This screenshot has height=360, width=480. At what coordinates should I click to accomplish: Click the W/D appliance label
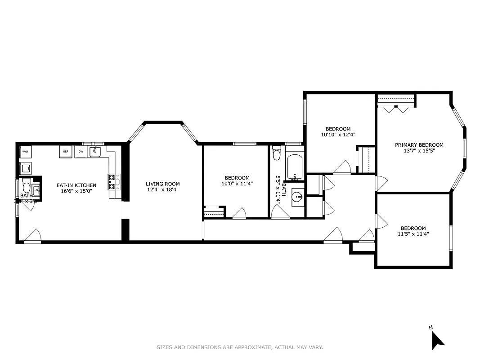coord(25,152)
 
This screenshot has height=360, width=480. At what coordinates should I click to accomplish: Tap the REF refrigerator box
coord(66,152)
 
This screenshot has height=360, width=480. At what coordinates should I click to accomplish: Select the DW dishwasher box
coord(81,152)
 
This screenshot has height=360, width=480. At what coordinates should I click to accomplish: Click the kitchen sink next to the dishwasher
coord(95,152)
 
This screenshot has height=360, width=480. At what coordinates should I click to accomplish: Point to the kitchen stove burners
coord(113,182)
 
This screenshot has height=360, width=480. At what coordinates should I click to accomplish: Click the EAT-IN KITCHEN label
coord(76,185)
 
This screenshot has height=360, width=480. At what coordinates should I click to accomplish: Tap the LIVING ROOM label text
coord(162,184)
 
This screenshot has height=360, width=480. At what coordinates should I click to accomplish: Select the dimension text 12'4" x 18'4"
coord(162,190)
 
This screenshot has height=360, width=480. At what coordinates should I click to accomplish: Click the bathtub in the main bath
coord(295,168)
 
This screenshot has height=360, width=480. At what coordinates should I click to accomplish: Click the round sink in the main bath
coord(297,197)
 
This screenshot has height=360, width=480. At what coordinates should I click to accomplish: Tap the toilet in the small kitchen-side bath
coord(26,187)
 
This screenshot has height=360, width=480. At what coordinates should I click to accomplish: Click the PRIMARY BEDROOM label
coord(419,145)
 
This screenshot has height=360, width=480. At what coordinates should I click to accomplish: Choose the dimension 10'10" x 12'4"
coord(338,135)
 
